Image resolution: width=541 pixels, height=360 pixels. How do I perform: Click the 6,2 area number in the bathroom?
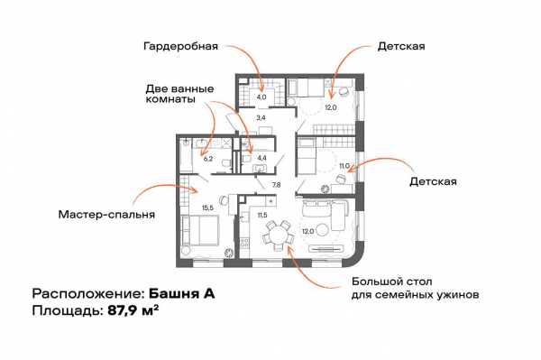(207, 158)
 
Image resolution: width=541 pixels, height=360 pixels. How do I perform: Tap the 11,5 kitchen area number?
(262, 217)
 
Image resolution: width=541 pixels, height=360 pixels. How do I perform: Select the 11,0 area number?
(343, 166)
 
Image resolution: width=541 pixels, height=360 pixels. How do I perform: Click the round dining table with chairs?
(276, 238)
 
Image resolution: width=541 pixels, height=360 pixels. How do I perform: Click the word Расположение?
(86, 294)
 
